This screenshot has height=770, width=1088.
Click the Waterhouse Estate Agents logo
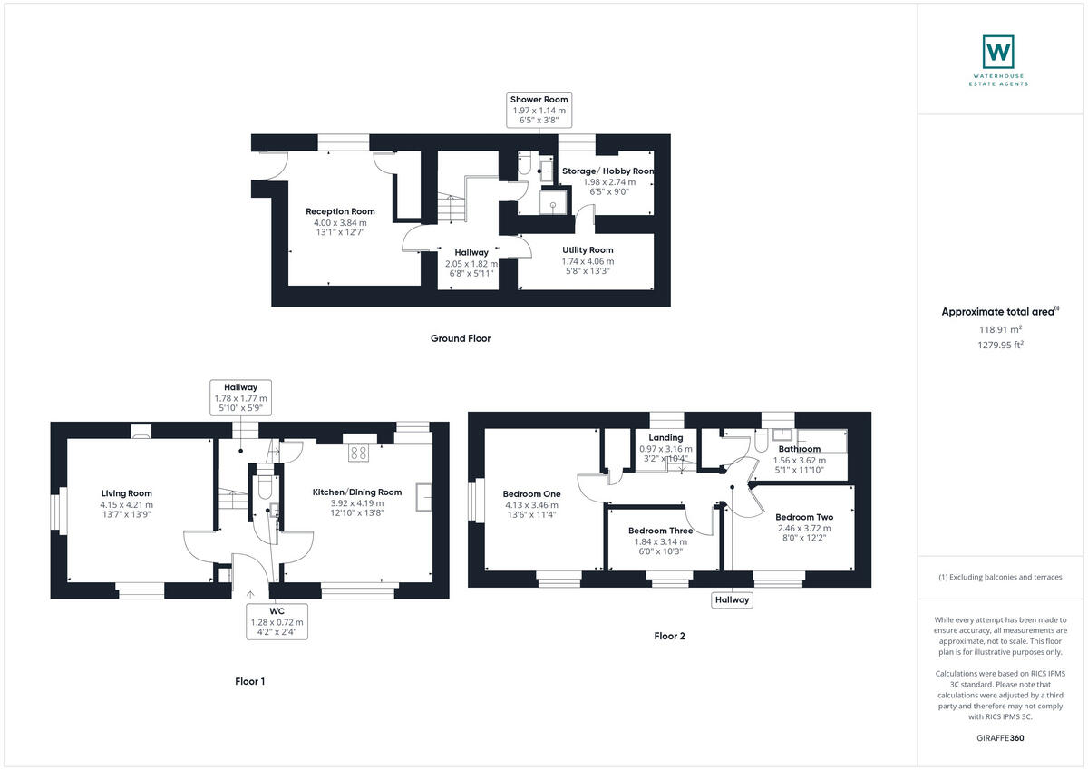point(998,53)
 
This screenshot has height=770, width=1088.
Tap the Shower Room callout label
point(540,110)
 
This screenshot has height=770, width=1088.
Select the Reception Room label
point(340,211)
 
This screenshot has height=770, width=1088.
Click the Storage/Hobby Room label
point(608,171)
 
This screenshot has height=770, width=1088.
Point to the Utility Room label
point(588,250)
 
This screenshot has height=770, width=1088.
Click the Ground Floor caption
point(460,338)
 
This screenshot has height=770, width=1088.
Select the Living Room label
point(126,493)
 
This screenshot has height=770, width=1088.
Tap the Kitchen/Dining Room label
point(357,492)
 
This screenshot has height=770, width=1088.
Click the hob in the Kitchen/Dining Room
point(356,453)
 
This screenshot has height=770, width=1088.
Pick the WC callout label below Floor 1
point(278,621)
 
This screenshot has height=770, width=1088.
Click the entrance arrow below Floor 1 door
point(250,595)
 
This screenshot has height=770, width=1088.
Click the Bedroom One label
point(532,494)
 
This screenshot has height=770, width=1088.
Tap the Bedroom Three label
point(661,531)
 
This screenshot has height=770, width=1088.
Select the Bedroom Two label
point(804,517)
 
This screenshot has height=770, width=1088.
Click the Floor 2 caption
point(669,636)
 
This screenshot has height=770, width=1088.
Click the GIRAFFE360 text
point(1000,738)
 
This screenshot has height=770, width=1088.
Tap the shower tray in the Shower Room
point(551,203)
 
